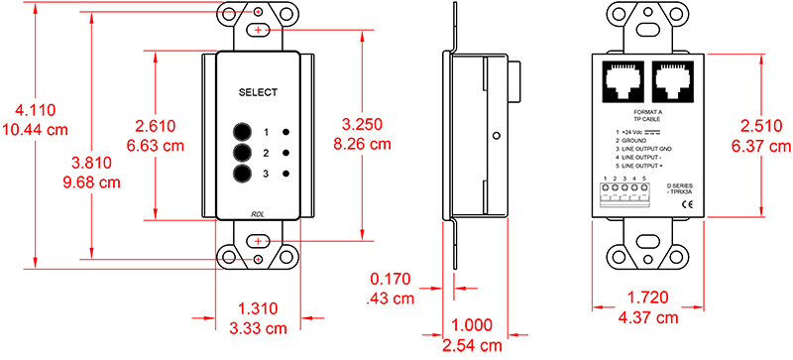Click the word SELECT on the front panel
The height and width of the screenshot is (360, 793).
click(x=258, y=90)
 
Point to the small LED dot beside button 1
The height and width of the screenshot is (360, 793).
click(x=286, y=132)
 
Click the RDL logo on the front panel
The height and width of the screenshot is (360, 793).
click(x=258, y=212)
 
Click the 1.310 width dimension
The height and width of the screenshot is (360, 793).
click(x=259, y=308)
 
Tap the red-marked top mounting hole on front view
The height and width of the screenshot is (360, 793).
click(x=258, y=31)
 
